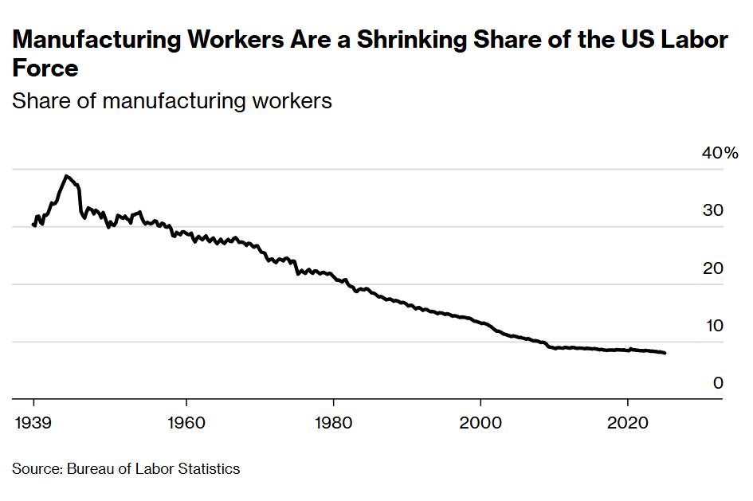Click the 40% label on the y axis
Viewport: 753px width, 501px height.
720,153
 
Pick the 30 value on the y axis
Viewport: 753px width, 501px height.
713,211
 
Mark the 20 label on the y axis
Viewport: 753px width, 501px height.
713,268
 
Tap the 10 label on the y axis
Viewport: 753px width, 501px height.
713,326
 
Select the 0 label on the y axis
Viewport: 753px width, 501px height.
718,383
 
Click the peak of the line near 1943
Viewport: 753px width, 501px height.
67,176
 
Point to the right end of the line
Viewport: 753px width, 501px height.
665,353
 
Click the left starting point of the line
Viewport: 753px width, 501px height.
33,225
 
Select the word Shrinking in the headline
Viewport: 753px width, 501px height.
418,41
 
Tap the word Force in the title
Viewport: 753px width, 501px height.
45,68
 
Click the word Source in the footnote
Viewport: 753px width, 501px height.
35,468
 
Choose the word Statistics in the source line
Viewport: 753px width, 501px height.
209,468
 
